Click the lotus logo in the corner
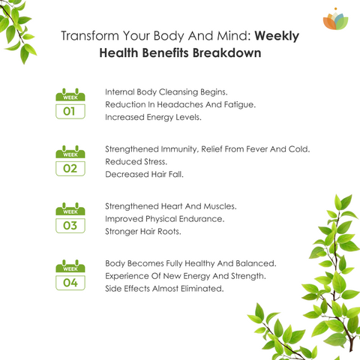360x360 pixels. (x=335, y=19)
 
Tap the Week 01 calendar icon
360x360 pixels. (x=70, y=103)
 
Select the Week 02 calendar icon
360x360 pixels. (x=70, y=160)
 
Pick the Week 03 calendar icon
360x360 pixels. (x=70, y=217)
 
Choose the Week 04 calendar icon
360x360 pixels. (x=70, y=274)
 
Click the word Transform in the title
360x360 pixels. (x=90, y=36)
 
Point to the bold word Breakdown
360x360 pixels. (x=226, y=53)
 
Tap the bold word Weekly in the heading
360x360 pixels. (x=277, y=37)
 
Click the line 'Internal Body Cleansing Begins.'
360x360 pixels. (x=166, y=92)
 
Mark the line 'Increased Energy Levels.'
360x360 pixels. (x=153, y=117)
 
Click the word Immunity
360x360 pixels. (x=179, y=149)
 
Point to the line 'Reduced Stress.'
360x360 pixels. (x=136, y=162)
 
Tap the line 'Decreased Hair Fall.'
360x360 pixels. (x=144, y=174)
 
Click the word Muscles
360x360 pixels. (x=220, y=206)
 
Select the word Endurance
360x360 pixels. (x=202, y=219)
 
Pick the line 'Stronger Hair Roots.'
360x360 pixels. (x=143, y=232)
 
